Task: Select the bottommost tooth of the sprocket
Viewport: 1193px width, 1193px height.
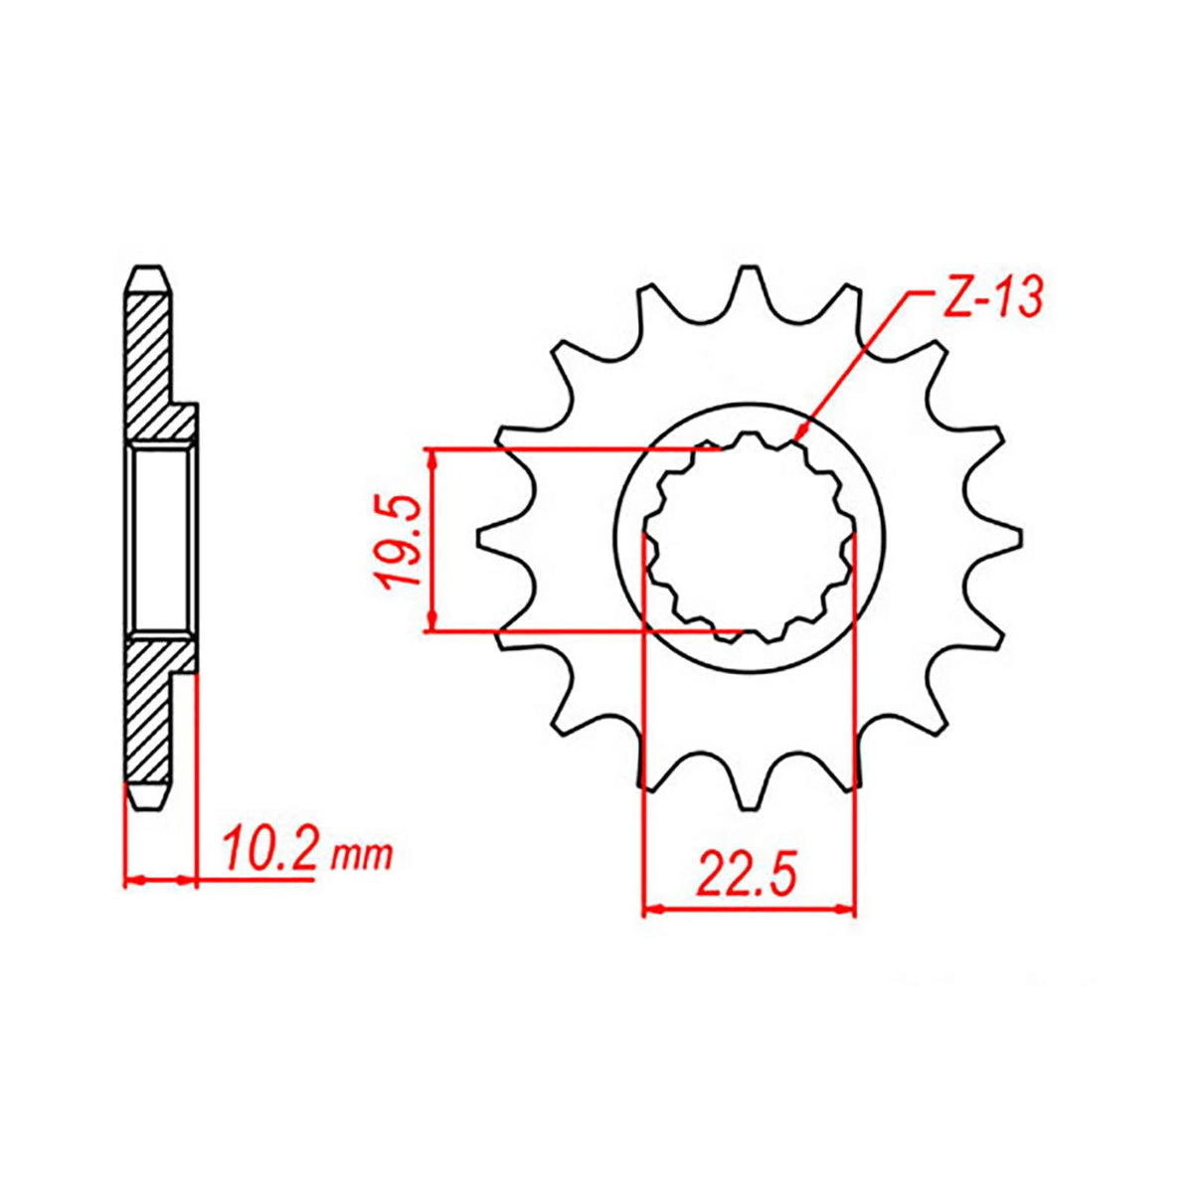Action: tap(751, 792)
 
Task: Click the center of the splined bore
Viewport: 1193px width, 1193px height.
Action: tap(750, 538)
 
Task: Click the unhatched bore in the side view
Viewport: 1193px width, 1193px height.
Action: tap(159, 538)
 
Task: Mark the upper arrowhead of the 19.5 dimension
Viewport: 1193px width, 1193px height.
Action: tap(431, 453)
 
